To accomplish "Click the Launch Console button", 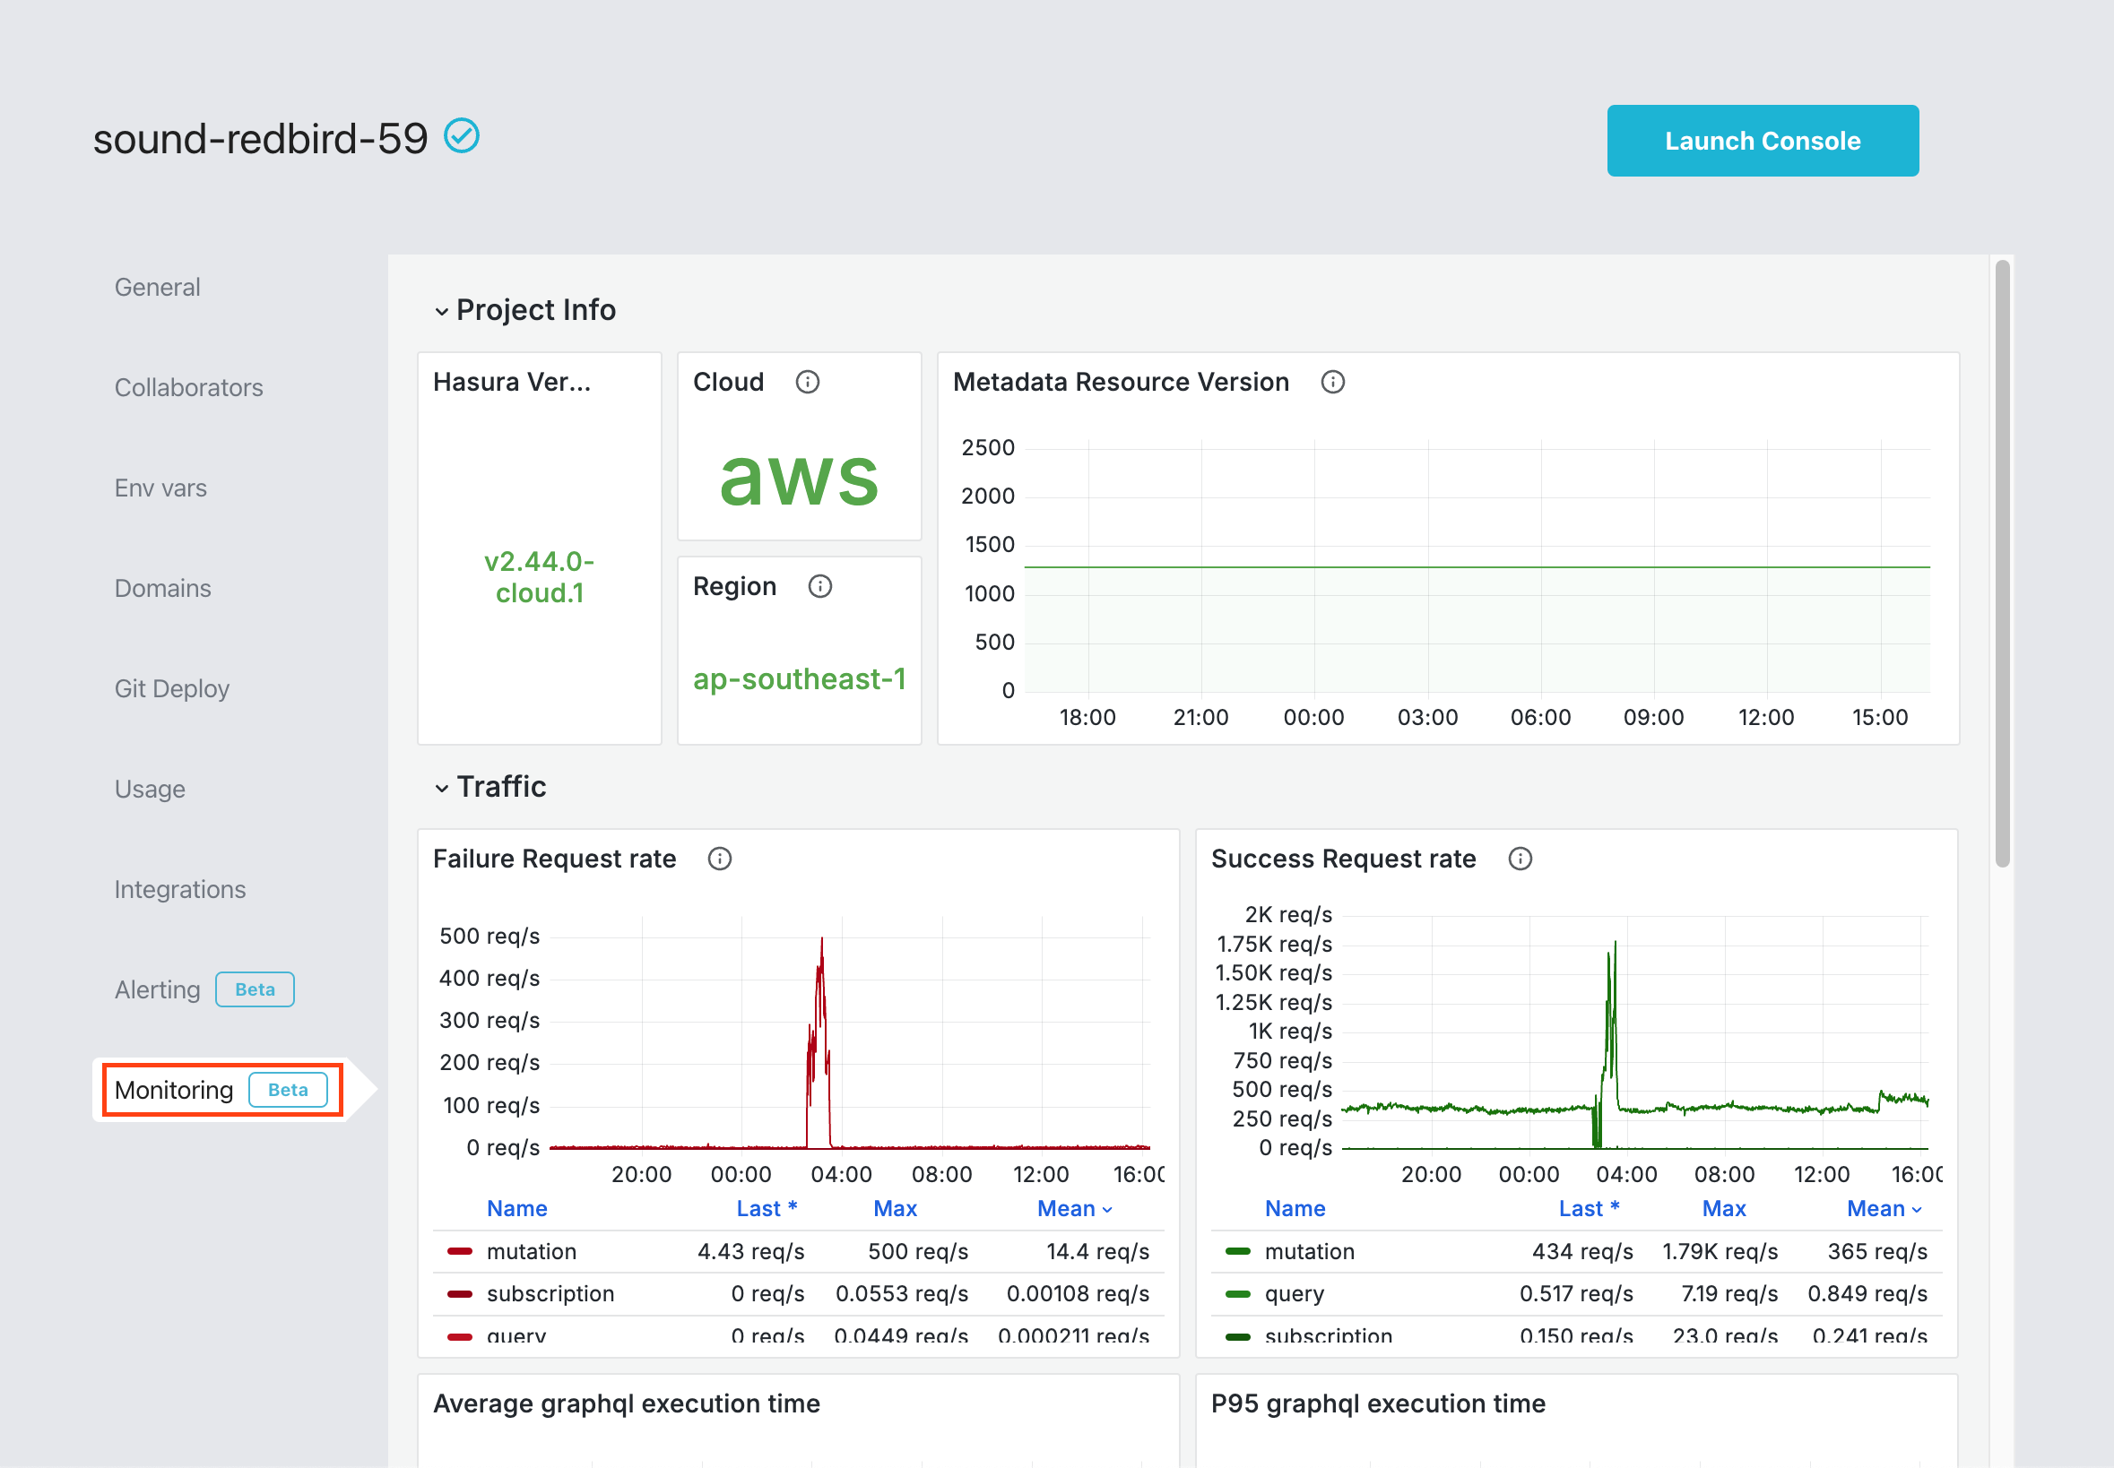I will point(1762,141).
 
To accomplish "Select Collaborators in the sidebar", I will point(188,387).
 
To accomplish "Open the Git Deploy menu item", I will point(172,688).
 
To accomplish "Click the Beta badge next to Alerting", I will point(255,989).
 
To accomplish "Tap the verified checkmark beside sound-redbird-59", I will point(462,136).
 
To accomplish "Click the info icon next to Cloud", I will point(807,382).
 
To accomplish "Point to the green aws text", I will point(799,479).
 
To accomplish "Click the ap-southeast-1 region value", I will point(799,678).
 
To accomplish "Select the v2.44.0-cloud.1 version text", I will point(539,577).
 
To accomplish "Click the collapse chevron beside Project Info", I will point(442,311).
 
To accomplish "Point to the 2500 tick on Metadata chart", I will point(987,448).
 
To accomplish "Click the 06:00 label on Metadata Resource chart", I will point(1540,718).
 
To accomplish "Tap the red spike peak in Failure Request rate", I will point(821,940).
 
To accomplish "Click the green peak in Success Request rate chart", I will point(1615,944).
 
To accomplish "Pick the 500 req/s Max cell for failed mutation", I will point(917,1251).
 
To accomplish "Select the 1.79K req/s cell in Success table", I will point(1720,1251).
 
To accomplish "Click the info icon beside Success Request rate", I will point(1520,859).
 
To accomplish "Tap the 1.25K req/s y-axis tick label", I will point(1273,1002).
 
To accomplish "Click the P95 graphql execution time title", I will point(1377,1403).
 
